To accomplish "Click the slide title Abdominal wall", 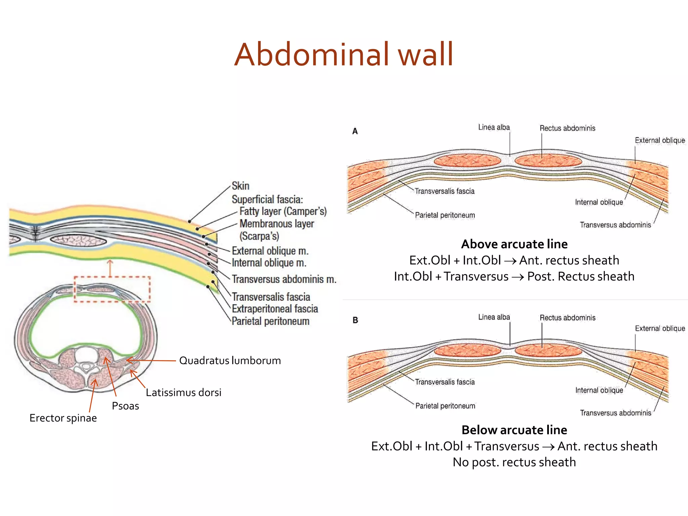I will tap(344, 54).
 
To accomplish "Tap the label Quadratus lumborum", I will tap(230, 360).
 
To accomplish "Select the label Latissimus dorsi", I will tap(183, 392).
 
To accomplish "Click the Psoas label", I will tap(125, 406).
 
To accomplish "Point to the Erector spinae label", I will tap(63, 418).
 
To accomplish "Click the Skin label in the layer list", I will tap(241, 186).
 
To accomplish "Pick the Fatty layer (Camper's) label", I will tap(283, 211).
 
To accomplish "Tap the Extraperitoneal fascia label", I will tap(275, 309).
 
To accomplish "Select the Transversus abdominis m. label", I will tap(284, 279).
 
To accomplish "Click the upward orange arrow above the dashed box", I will tap(110, 268).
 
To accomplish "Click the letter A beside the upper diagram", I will tap(355, 131).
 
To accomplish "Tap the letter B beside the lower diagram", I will tap(355, 320).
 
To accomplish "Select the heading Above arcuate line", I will tap(514, 244).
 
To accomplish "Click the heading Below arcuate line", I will tap(514, 430).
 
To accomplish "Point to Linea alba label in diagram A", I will tap(494, 127).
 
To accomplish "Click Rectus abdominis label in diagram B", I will tap(567, 318).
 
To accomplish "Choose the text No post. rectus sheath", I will tap(514, 462).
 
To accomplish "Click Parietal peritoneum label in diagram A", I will tap(445, 215).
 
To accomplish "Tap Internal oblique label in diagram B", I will tap(599, 390).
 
